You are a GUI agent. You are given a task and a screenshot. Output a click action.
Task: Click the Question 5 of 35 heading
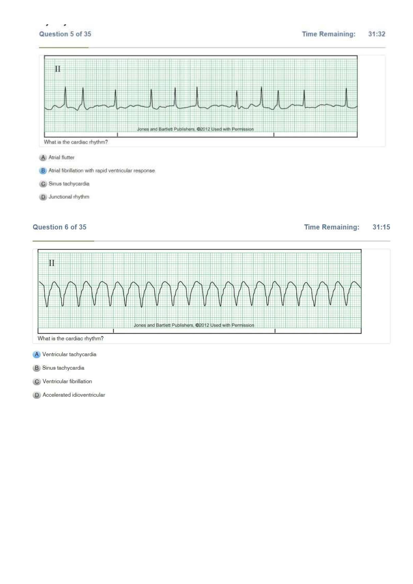pos(65,34)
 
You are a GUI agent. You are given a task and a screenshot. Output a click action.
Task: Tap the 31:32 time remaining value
pos(376,34)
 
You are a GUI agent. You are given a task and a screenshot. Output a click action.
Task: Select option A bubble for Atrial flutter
pos(43,158)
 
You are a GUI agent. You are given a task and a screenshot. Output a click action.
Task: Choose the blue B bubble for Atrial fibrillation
pos(43,171)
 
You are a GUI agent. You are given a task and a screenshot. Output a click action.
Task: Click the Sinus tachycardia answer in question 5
pos(69,184)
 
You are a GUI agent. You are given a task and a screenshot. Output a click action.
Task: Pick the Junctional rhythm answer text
pos(69,197)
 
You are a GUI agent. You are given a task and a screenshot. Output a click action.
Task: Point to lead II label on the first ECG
pos(58,69)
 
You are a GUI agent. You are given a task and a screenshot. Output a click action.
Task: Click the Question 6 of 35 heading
pos(59,227)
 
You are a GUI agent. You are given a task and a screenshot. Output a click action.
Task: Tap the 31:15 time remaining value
pos(381,227)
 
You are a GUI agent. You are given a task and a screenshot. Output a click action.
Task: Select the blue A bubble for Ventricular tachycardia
pos(37,355)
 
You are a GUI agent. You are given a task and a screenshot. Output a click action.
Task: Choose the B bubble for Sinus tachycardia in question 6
pos(37,368)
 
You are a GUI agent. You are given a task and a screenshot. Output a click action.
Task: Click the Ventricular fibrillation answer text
pos(67,382)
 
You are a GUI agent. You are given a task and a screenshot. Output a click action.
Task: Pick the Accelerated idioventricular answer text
pos(74,395)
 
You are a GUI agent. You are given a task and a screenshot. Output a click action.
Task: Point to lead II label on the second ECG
pos(52,263)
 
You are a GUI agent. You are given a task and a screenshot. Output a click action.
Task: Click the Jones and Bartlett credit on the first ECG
pos(195,129)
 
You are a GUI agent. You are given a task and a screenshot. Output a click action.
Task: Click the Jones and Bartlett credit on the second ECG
pos(194,325)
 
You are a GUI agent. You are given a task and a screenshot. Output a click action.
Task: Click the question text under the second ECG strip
pos(70,339)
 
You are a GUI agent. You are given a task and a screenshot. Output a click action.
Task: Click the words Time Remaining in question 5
pos(329,34)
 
